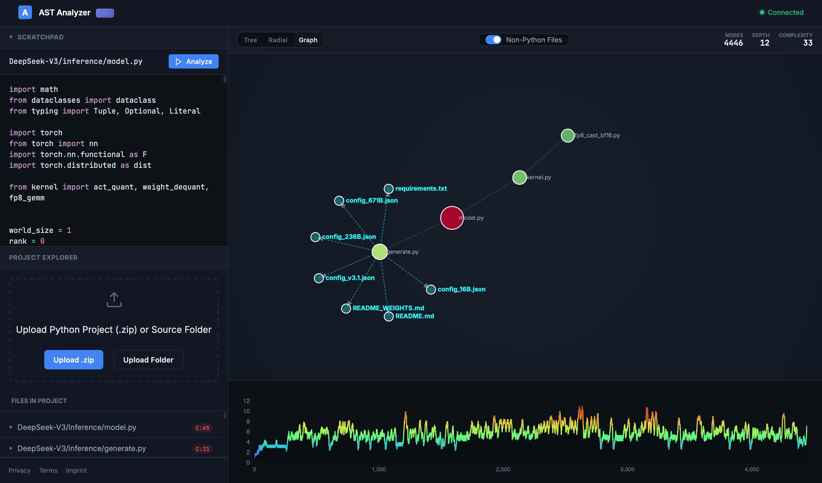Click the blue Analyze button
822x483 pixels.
click(194, 61)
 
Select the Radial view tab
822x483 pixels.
click(278, 40)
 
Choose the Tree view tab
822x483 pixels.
click(250, 40)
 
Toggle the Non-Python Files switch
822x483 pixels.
click(493, 40)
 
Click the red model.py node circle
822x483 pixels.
click(452, 218)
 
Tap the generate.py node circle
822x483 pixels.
click(379, 251)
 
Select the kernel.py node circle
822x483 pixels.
click(519, 178)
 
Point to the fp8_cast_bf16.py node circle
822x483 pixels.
click(568, 135)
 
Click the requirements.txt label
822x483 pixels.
click(421, 188)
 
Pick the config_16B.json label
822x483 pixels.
click(461, 289)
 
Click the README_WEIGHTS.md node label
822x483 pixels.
click(388, 308)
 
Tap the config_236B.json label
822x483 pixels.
click(349, 237)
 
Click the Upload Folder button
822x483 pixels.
click(148, 360)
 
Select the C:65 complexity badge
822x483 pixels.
click(202, 428)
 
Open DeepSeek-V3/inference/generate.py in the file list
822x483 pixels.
click(82, 448)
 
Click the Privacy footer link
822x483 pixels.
click(19, 470)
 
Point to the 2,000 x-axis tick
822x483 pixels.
click(503, 469)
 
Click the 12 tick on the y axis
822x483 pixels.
click(246, 401)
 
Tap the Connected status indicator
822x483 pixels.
click(781, 12)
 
